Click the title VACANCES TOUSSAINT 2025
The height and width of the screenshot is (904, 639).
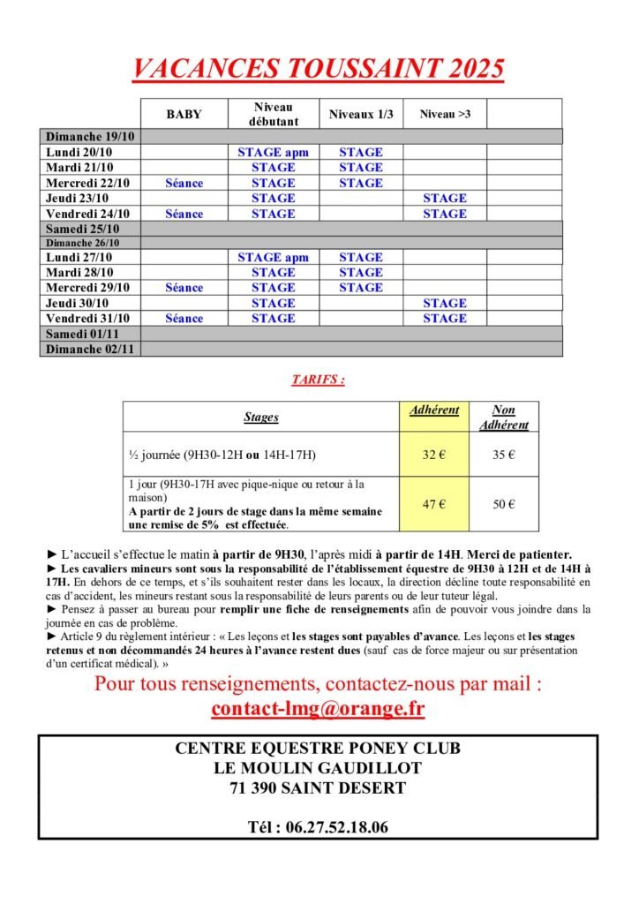[318, 68]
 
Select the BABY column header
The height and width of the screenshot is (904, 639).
[184, 114]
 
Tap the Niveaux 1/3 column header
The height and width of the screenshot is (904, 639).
[360, 114]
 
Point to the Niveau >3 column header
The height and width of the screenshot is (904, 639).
[444, 114]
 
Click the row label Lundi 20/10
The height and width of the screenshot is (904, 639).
[80, 152]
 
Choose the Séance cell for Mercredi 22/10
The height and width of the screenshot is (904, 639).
[184, 183]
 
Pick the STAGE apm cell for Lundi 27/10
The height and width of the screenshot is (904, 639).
[273, 257]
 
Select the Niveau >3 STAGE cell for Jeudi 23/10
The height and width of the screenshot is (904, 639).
[444, 198]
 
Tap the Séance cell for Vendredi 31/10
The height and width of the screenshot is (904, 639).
[184, 318]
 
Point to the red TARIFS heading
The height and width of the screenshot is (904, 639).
[318, 380]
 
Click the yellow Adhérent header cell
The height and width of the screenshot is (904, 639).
[434, 411]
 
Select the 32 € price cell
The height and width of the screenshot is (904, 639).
[433, 455]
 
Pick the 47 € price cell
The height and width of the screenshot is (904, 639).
[433, 504]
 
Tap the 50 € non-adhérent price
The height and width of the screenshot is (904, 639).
[503, 504]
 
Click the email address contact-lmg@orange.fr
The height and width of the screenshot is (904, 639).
[318, 708]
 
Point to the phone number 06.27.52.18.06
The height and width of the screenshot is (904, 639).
[318, 827]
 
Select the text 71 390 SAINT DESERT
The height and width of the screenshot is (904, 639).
[318, 787]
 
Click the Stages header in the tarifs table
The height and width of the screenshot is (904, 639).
[260, 417]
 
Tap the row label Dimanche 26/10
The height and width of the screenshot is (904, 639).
[82, 243]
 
